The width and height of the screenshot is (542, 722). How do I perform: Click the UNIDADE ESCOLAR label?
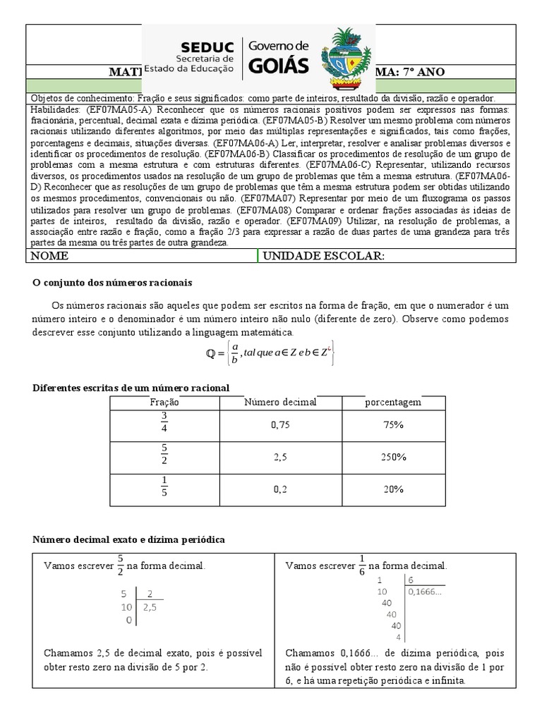(x=323, y=256)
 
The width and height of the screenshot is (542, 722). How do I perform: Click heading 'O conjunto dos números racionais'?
(x=112, y=283)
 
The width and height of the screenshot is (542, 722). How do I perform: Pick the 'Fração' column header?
(x=164, y=402)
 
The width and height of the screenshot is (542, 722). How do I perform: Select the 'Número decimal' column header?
(x=280, y=402)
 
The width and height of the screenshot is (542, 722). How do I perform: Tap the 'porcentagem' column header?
(x=393, y=402)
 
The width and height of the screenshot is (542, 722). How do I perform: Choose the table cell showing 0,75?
(x=282, y=425)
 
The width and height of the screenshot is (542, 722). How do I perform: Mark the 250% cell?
(x=393, y=457)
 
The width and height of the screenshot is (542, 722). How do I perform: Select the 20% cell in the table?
(x=393, y=489)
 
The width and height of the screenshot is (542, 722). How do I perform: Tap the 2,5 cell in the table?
(x=282, y=457)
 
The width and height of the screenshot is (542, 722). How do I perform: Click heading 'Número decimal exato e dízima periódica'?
(x=129, y=539)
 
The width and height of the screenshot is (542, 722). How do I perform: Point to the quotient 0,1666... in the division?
(x=426, y=591)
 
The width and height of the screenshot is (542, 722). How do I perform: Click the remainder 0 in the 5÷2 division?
(x=128, y=620)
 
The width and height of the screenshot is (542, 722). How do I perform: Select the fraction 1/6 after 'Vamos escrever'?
(x=362, y=565)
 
